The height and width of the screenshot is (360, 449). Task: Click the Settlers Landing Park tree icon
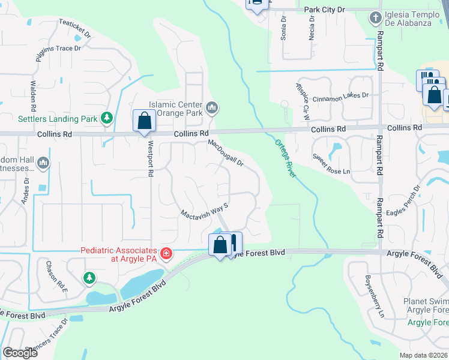pos(107,118)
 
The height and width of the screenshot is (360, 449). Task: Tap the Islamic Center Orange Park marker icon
pos(211,108)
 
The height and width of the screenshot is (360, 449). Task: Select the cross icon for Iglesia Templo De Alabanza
pos(376,17)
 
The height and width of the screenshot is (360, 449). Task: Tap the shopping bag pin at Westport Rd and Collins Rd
pos(144,122)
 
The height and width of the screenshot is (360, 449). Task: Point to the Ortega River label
pos(286,158)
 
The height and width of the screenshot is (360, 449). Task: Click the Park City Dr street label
pos(325,10)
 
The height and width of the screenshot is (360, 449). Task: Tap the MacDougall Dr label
pos(226,153)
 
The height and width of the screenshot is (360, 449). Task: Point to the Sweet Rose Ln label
pos(331,163)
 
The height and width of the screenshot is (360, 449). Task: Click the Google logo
pos(20,353)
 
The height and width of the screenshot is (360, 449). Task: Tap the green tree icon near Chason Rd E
pos(89,277)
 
